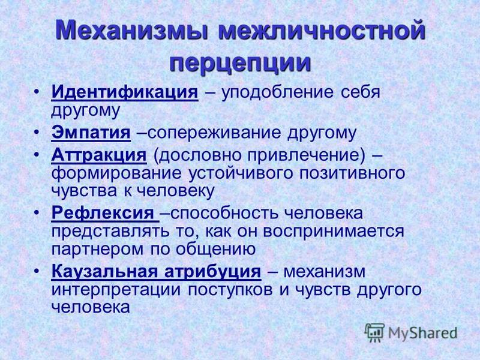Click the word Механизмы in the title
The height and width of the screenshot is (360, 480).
(133, 31)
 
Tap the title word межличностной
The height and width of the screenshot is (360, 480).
(322, 31)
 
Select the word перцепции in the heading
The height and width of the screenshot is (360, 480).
(241, 64)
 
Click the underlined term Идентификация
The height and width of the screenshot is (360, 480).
(125, 92)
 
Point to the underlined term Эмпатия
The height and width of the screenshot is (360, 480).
(91, 133)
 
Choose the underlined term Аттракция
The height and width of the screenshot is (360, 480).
(99, 155)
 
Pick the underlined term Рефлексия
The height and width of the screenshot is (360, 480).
(103, 212)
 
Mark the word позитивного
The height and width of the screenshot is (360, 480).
(352, 173)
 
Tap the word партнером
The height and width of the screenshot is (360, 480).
(97, 250)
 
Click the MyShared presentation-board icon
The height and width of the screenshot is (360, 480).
(374, 332)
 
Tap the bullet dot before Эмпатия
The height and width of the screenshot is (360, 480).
(37, 131)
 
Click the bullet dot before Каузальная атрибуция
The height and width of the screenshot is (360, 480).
(37, 271)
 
